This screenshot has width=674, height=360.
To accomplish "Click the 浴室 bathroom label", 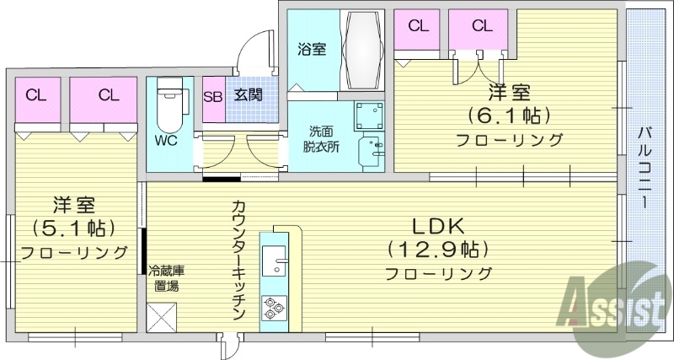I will coord(312,49).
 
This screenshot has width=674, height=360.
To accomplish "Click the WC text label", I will coord(165,141).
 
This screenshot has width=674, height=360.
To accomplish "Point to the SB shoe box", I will coord(213,95).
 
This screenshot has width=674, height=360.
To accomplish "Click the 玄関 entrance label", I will coord(248,95).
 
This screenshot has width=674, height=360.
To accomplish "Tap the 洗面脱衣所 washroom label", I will coord(320,139).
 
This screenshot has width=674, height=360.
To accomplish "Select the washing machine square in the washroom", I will coord(368,116).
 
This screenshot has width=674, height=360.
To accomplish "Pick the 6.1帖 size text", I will coord(510,115).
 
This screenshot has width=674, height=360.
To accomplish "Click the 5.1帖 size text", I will coord(74,227).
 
